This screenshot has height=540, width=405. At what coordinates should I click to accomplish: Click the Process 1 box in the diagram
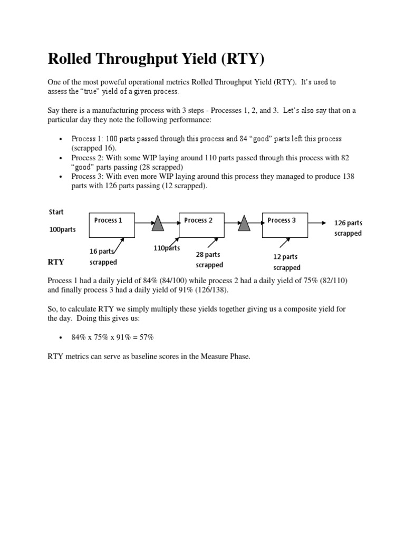[x=112, y=225]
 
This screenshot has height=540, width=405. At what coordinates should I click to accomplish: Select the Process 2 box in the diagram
[x=202, y=225]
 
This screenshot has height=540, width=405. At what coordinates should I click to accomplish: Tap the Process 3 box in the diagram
[x=285, y=225]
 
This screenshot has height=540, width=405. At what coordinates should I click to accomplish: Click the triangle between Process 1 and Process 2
[x=157, y=224]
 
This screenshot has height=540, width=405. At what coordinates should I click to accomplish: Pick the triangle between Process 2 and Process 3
[x=244, y=224]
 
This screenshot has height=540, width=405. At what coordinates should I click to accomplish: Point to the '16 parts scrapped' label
[x=103, y=257]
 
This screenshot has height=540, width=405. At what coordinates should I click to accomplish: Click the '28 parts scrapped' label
[x=209, y=259]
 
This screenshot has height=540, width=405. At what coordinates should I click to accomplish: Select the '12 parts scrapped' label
[x=286, y=262]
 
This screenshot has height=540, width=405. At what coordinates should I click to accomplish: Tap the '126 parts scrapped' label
[x=348, y=228]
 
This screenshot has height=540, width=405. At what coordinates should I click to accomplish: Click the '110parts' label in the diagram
[x=167, y=248]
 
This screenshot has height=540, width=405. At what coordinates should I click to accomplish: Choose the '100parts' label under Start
[x=62, y=230]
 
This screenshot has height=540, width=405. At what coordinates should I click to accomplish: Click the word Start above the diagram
[x=56, y=212]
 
